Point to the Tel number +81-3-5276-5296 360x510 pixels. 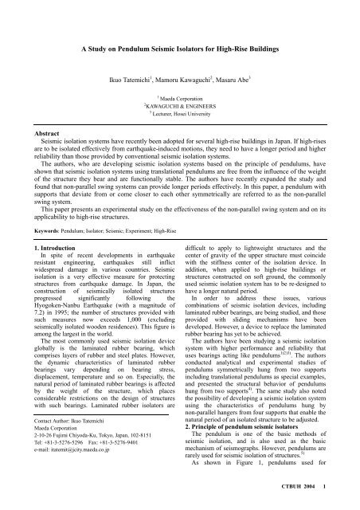pos(51,477)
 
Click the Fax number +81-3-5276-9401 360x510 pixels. pos(108,477)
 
